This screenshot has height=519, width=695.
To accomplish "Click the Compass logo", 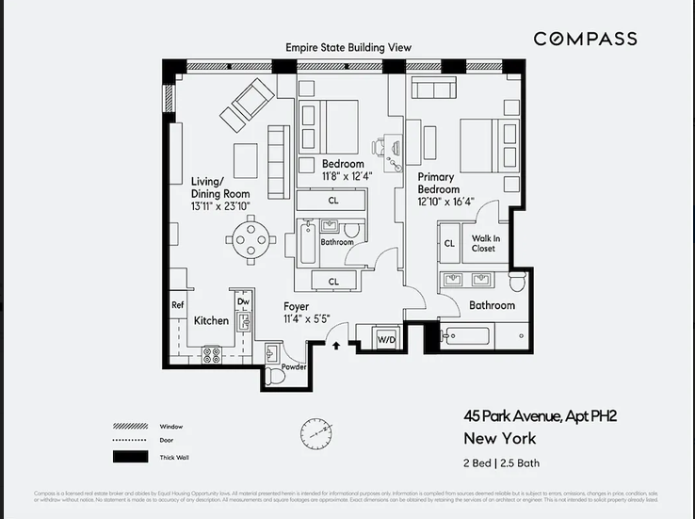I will [x=585, y=39].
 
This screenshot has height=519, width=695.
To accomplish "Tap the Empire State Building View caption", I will [x=349, y=47].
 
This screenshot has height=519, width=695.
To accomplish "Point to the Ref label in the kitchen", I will [x=177, y=305].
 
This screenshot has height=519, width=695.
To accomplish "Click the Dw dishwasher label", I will [x=242, y=302].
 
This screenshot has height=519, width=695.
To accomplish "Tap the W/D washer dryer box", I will [x=387, y=338].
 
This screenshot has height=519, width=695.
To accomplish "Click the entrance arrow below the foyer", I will [x=336, y=346].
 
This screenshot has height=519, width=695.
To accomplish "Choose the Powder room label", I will [x=294, y=366].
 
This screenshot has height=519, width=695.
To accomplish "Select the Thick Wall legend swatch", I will [x=132, y=457].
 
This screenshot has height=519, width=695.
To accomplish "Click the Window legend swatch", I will [x=132, y=426].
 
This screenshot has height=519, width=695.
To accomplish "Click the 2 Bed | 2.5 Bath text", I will [x=501, y=462].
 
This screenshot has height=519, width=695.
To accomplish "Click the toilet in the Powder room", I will [x=274, y=376].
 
